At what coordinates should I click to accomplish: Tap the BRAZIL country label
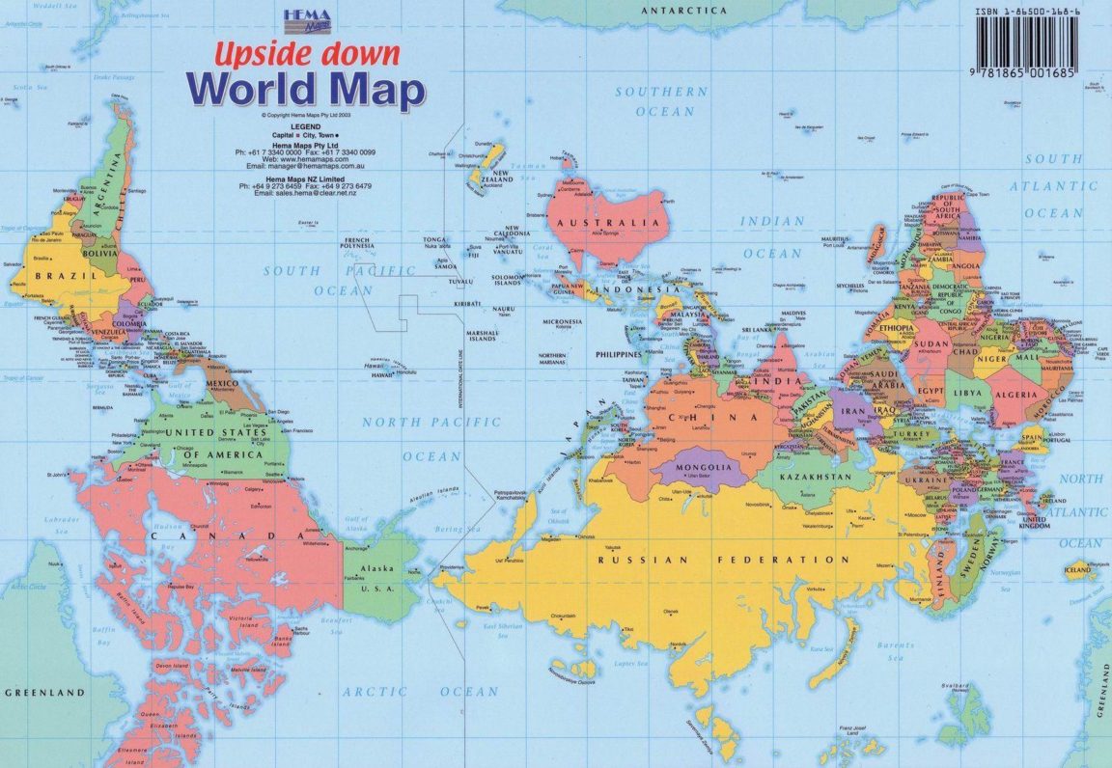click(55, 276)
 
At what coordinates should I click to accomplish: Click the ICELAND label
click(1077, 570)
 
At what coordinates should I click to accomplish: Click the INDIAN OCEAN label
click(771, 236)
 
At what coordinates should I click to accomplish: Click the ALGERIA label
click(1021, 395)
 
